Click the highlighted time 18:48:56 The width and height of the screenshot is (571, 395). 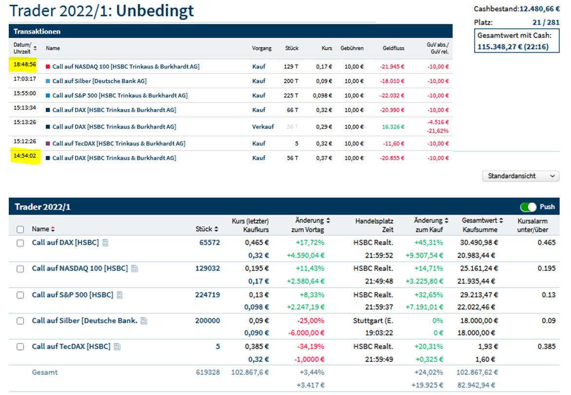pos(25,64)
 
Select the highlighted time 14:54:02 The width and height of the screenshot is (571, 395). pos(25,158)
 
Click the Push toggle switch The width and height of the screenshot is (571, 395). pos(528,207)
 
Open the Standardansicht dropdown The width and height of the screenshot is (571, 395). pos(520,176)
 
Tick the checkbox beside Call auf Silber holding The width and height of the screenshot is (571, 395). pos(20,321)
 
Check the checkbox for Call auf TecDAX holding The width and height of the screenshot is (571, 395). pos(20,347)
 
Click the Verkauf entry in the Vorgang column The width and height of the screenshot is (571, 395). pos(263,127)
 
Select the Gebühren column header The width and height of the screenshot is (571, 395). pos(352,48)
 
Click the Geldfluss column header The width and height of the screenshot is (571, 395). pos(393,48)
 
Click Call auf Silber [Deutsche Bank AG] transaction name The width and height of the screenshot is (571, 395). pos(99,81)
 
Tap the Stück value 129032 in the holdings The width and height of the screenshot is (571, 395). pos(208,268)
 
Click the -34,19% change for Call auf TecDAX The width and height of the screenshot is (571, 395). pos(310,347)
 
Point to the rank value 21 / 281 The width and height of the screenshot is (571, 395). pos(546,22)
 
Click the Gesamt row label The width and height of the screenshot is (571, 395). pos(45,372)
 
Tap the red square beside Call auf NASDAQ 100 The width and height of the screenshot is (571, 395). pos(48,66)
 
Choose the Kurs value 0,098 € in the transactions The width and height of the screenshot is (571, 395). pos(322,95)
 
